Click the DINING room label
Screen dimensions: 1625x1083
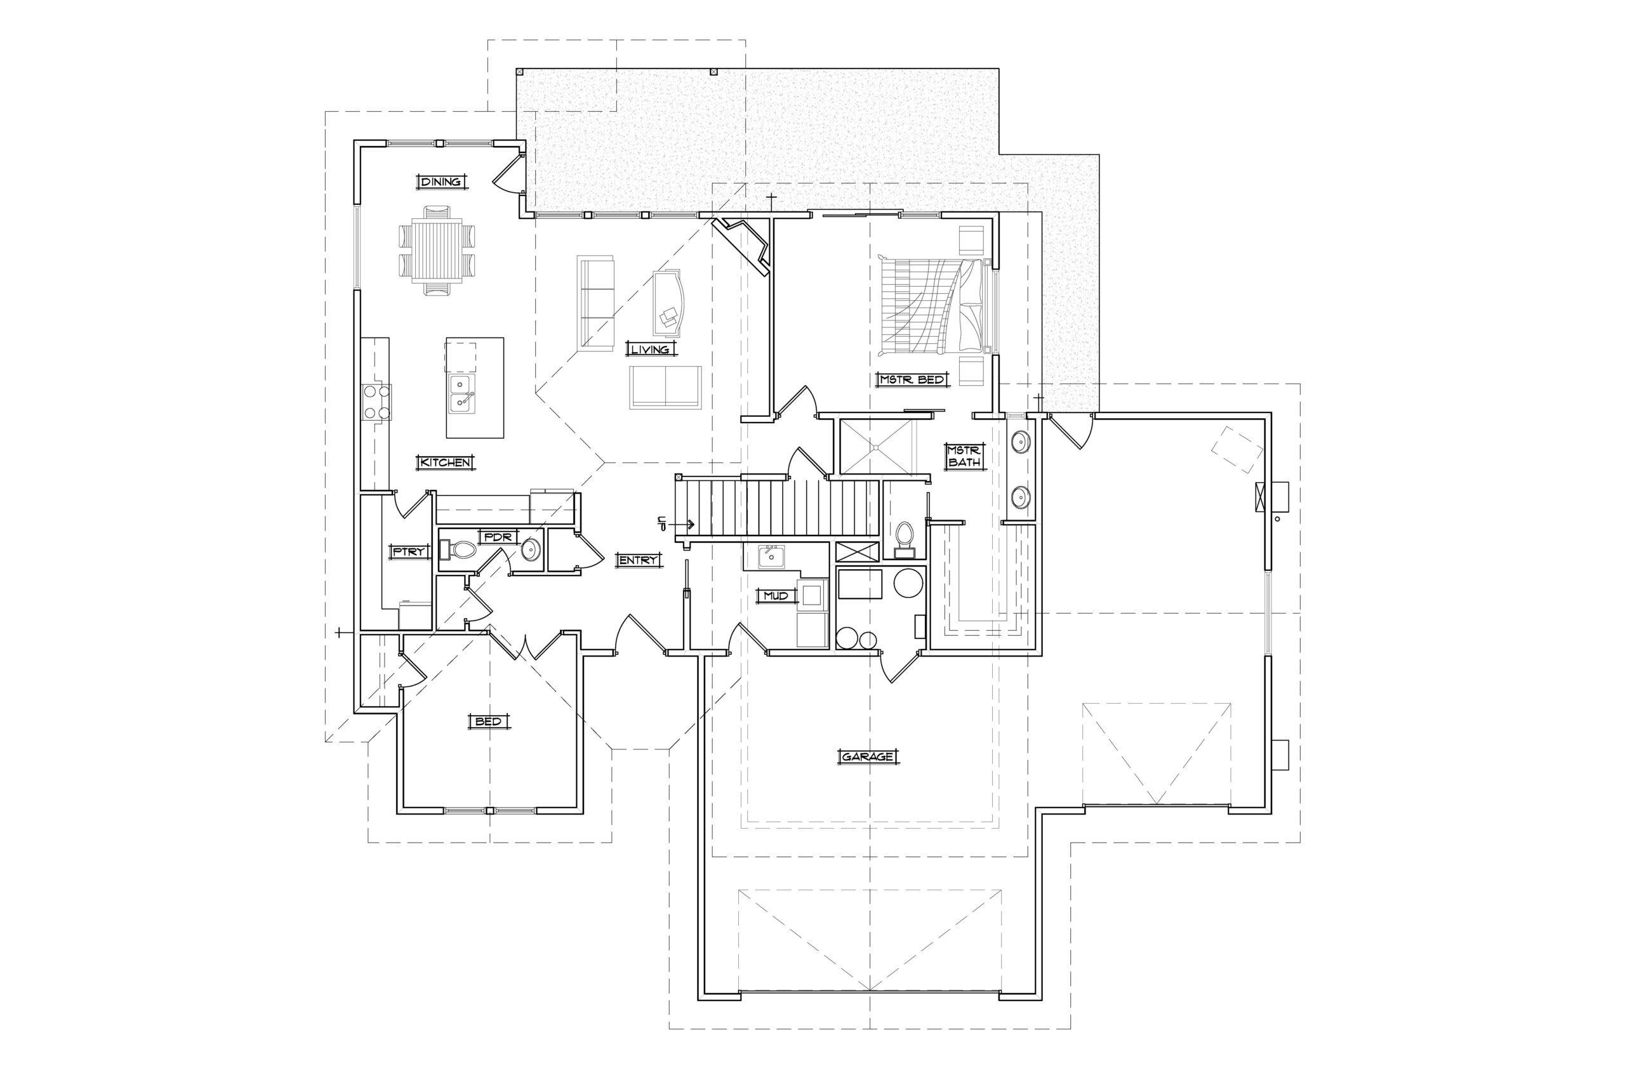pyautogui.click(x=442, y=181)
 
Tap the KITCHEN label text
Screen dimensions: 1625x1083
pyautogui.click(x=446, y=462)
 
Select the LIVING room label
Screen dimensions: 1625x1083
pyautogui.click(x=650, y=350)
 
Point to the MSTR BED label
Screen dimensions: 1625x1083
pyautogui.click(x=912, y=379)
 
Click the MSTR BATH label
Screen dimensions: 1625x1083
pyautogui.click(x=964, y=456)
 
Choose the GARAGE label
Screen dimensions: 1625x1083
pyautogui.click(x=868, y=757)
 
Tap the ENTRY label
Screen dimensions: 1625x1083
pyautogui.click(x=638, y=560)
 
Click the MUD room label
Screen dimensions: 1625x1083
pyautogui.click(x=776, y=595)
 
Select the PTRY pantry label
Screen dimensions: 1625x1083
pyautogui.click(x=409, y=552)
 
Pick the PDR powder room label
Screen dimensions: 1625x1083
pyautogui.click(x=498, y=537)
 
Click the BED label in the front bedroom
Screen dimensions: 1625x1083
pyautogui.click(x=489, y=722)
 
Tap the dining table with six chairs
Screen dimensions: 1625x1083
pyautogui.click(x=437, y=250)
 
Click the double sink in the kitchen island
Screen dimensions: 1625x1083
pyautogui.click(x=461, y=394)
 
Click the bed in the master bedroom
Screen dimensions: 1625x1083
pyautogui.click(x=936, y=306)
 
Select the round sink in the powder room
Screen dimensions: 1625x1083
pyautogui.click(x=531, y=551)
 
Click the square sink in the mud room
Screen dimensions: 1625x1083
pyautogui.click(x=771, y=556)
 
